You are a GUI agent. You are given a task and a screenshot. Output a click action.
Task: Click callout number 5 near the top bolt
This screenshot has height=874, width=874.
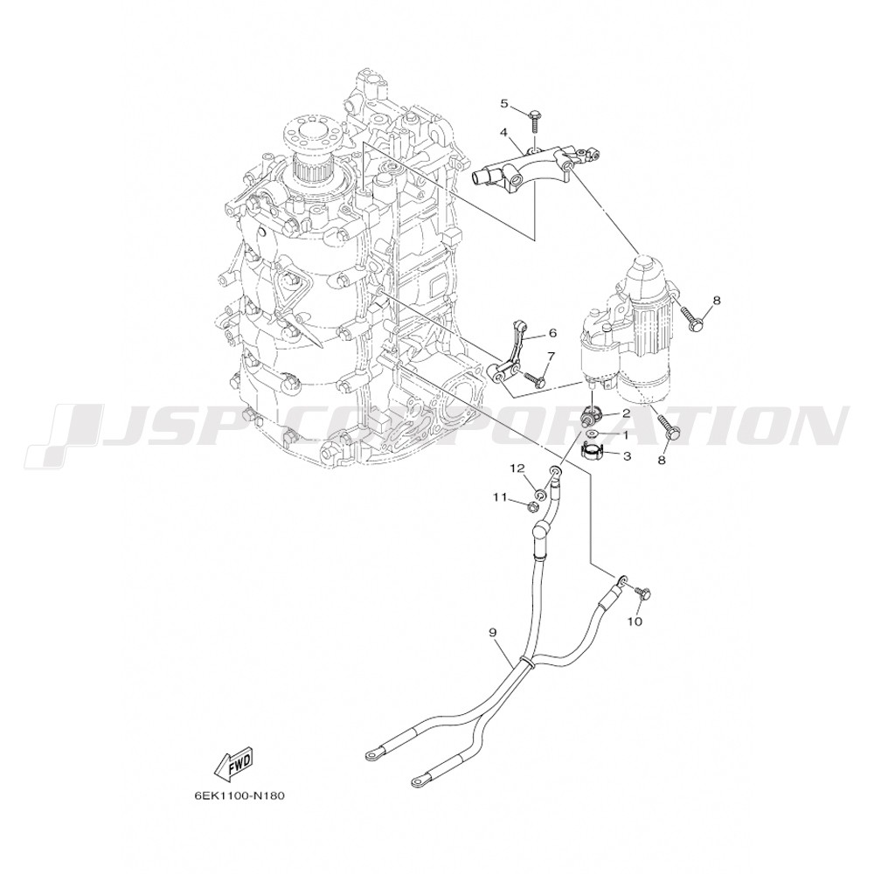tap(504, 103)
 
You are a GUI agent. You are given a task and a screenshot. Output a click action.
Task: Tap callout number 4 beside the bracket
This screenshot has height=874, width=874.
tap(503, 133)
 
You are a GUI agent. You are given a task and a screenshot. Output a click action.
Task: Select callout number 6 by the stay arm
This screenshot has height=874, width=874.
tap(552, 333)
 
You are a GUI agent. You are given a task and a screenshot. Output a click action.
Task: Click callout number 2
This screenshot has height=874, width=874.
tap(626, 413)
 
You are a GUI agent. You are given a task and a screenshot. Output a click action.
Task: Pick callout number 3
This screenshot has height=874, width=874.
tap(627, 456)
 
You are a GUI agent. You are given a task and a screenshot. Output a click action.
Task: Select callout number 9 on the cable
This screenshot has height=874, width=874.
tap(493, 632)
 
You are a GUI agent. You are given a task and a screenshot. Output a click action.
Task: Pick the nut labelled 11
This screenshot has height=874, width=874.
tap(531, 506)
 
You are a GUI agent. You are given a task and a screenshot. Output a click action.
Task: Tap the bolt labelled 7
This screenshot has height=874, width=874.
tap(535, 379)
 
